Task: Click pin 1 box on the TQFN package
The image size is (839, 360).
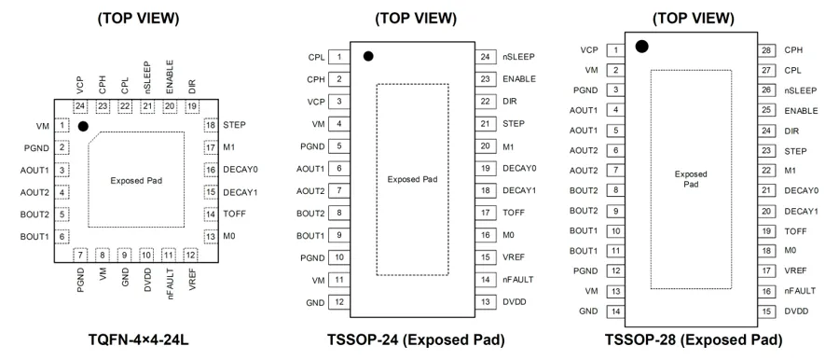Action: (x=63, y=126)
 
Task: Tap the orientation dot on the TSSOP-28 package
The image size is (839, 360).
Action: (x=642, y=47)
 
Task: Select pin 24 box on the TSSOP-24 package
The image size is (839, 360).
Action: (x=486, y=56)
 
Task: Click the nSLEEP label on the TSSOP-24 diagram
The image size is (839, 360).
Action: (x=519, y=56)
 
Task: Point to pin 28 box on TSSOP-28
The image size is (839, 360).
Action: (x=767, y=50)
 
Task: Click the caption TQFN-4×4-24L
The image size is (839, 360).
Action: (x=138, y=339)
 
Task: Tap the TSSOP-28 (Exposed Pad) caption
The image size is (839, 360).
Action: (x=693, y=339)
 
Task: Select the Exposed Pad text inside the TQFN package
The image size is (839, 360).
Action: (x=136, y=181)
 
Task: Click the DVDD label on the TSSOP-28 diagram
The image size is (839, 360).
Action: (x=796, y=312)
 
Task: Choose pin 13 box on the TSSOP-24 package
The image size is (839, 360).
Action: (x=486, y=302)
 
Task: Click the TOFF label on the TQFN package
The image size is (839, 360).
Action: (x=235, y=214)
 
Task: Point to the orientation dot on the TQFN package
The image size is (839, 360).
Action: (x=82, y=127)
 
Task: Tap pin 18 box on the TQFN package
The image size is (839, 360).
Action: (x=211, y=125)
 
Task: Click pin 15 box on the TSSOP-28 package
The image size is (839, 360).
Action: (x=767, y=312)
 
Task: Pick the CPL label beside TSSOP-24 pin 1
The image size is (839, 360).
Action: (x=316, y=57)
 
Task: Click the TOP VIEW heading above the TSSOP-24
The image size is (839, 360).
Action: (x=416, y=19)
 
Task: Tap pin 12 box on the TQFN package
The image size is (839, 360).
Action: (x=189, y=255)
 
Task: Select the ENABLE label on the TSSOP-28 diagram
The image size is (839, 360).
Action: (x=801, y=111)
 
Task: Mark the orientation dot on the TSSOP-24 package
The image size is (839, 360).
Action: (x=368, y=56)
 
